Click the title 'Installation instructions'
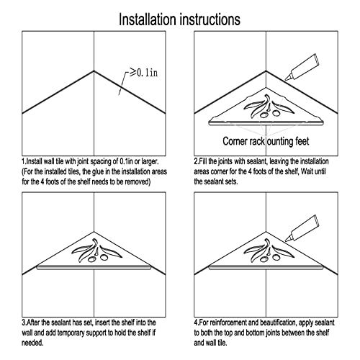tap(179, 19)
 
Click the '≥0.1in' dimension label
tap(143, 73)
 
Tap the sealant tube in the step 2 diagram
tap(302, 67)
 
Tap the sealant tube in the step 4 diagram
tap(302, 228)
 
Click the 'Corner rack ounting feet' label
tap(266, 141)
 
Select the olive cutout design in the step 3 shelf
tap(96, 251)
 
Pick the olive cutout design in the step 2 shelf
tap(269, 107)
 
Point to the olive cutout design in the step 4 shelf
tap(269, 251)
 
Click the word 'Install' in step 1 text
tap(34, 161)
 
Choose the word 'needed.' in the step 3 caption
tap(32, 343)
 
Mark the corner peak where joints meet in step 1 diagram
tap(94, 71)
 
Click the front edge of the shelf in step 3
tap(94, 267)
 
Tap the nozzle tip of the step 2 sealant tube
tap(286, 79)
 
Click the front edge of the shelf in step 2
tap(266, 123)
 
